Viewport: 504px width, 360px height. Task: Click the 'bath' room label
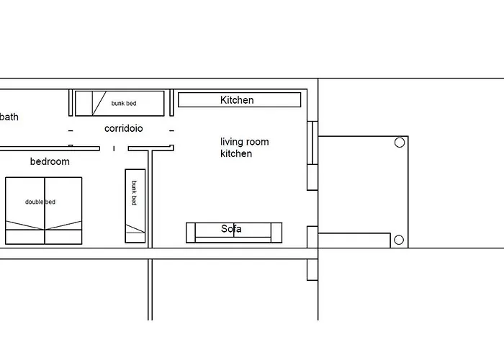9,117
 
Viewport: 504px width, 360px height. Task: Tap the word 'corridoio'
123,128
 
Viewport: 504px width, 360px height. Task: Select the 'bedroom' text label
50,161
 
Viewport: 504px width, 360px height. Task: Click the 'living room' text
245,142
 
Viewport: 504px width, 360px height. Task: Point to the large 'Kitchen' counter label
237,100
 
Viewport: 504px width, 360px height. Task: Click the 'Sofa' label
231,229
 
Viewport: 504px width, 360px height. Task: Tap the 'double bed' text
40,202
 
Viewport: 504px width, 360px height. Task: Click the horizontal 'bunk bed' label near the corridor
124,103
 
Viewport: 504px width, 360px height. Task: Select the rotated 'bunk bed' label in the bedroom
135,193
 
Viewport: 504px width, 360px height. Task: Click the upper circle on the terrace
400,143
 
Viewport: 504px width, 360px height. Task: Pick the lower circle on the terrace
399,240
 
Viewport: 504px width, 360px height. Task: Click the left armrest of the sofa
191,233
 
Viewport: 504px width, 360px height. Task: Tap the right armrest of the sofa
276,233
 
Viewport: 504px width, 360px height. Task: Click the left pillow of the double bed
25,237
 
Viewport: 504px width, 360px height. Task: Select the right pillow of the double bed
63,237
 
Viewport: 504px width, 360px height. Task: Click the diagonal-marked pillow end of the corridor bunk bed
84,103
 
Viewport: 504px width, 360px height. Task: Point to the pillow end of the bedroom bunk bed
135,238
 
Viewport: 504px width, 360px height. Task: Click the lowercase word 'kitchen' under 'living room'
236,153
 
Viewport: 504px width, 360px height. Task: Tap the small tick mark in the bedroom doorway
114,148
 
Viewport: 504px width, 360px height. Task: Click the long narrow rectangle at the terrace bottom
354,240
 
